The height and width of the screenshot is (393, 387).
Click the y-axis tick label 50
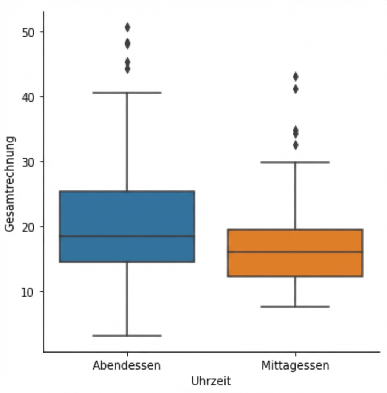pos(28,32)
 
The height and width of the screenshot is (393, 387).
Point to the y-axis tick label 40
pos(28,97)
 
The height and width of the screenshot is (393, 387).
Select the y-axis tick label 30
pos(28,162)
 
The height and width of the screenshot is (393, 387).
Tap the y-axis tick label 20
pos(28,227)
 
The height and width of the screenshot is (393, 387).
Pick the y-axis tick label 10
pos(28,292)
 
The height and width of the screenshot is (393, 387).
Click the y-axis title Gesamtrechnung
pos(10,184)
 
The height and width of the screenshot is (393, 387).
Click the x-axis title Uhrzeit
pos(211,381)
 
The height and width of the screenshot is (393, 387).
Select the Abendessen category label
pos(127,366)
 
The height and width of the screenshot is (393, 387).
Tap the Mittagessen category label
pos(295,366)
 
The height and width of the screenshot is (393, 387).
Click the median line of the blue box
pos(127,236)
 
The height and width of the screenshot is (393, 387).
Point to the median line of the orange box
pos(295,252)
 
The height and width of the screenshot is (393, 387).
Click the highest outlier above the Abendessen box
pos(127,27)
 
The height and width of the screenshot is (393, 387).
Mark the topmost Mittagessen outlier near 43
pos(295,77)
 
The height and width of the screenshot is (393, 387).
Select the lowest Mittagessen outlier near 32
pos(295,145)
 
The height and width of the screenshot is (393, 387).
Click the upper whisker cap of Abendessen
pos(127,93)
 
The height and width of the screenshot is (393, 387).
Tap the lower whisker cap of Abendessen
pos(127,336)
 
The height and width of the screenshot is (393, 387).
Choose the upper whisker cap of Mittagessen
pos(295,162)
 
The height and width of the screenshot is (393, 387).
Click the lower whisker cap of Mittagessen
pos(295,306)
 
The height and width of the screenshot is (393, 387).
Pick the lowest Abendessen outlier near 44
pos(127,69)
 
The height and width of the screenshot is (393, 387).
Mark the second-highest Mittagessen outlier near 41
pos(295,89)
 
